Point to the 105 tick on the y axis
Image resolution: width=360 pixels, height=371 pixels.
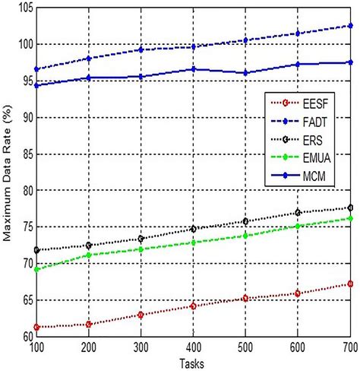click(24, 8)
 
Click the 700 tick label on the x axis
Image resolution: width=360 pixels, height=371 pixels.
click(349, 347)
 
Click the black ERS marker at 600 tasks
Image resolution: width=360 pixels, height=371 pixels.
click(298, 212)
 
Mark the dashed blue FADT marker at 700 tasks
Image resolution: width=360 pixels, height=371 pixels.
click(350, 26)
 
